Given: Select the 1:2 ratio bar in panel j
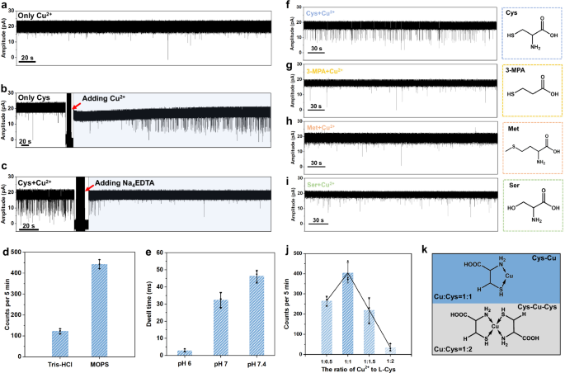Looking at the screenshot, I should pyautogui.click(x=391, y=350).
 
